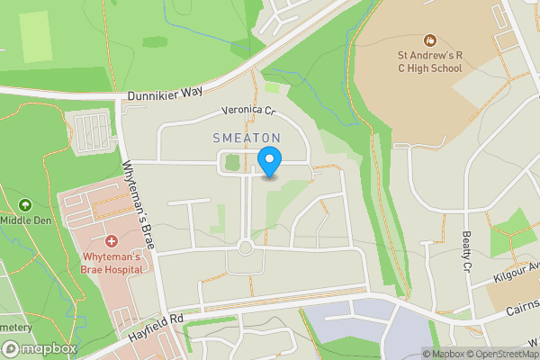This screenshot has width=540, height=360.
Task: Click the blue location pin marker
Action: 269,162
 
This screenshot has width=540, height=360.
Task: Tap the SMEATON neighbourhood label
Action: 247,138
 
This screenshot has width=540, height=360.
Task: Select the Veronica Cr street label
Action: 248,112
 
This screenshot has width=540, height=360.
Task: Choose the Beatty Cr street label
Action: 466,250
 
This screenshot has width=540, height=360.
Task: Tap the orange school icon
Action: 429,40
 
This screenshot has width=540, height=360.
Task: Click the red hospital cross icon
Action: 112,241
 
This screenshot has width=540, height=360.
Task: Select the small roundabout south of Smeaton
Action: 245,247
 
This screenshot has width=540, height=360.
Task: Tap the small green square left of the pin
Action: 232,163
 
